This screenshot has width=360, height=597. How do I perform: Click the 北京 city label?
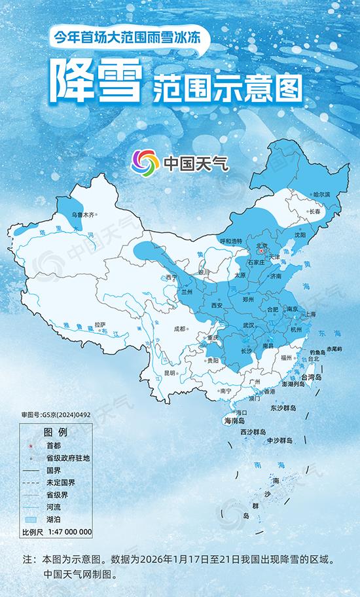pos(261,244)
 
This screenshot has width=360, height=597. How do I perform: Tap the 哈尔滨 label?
pos(321,194)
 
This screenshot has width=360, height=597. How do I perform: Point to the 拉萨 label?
pos(99,324)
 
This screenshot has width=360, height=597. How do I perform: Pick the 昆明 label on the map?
pos(170,372)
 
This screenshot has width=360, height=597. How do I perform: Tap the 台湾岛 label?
pos(312,378)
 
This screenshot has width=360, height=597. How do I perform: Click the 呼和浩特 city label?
pos(230,241)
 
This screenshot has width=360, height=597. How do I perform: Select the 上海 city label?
pos(309,314)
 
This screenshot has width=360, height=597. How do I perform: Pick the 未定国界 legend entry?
pos(60,482)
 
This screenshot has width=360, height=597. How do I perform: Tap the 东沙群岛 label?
pos(283,408)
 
